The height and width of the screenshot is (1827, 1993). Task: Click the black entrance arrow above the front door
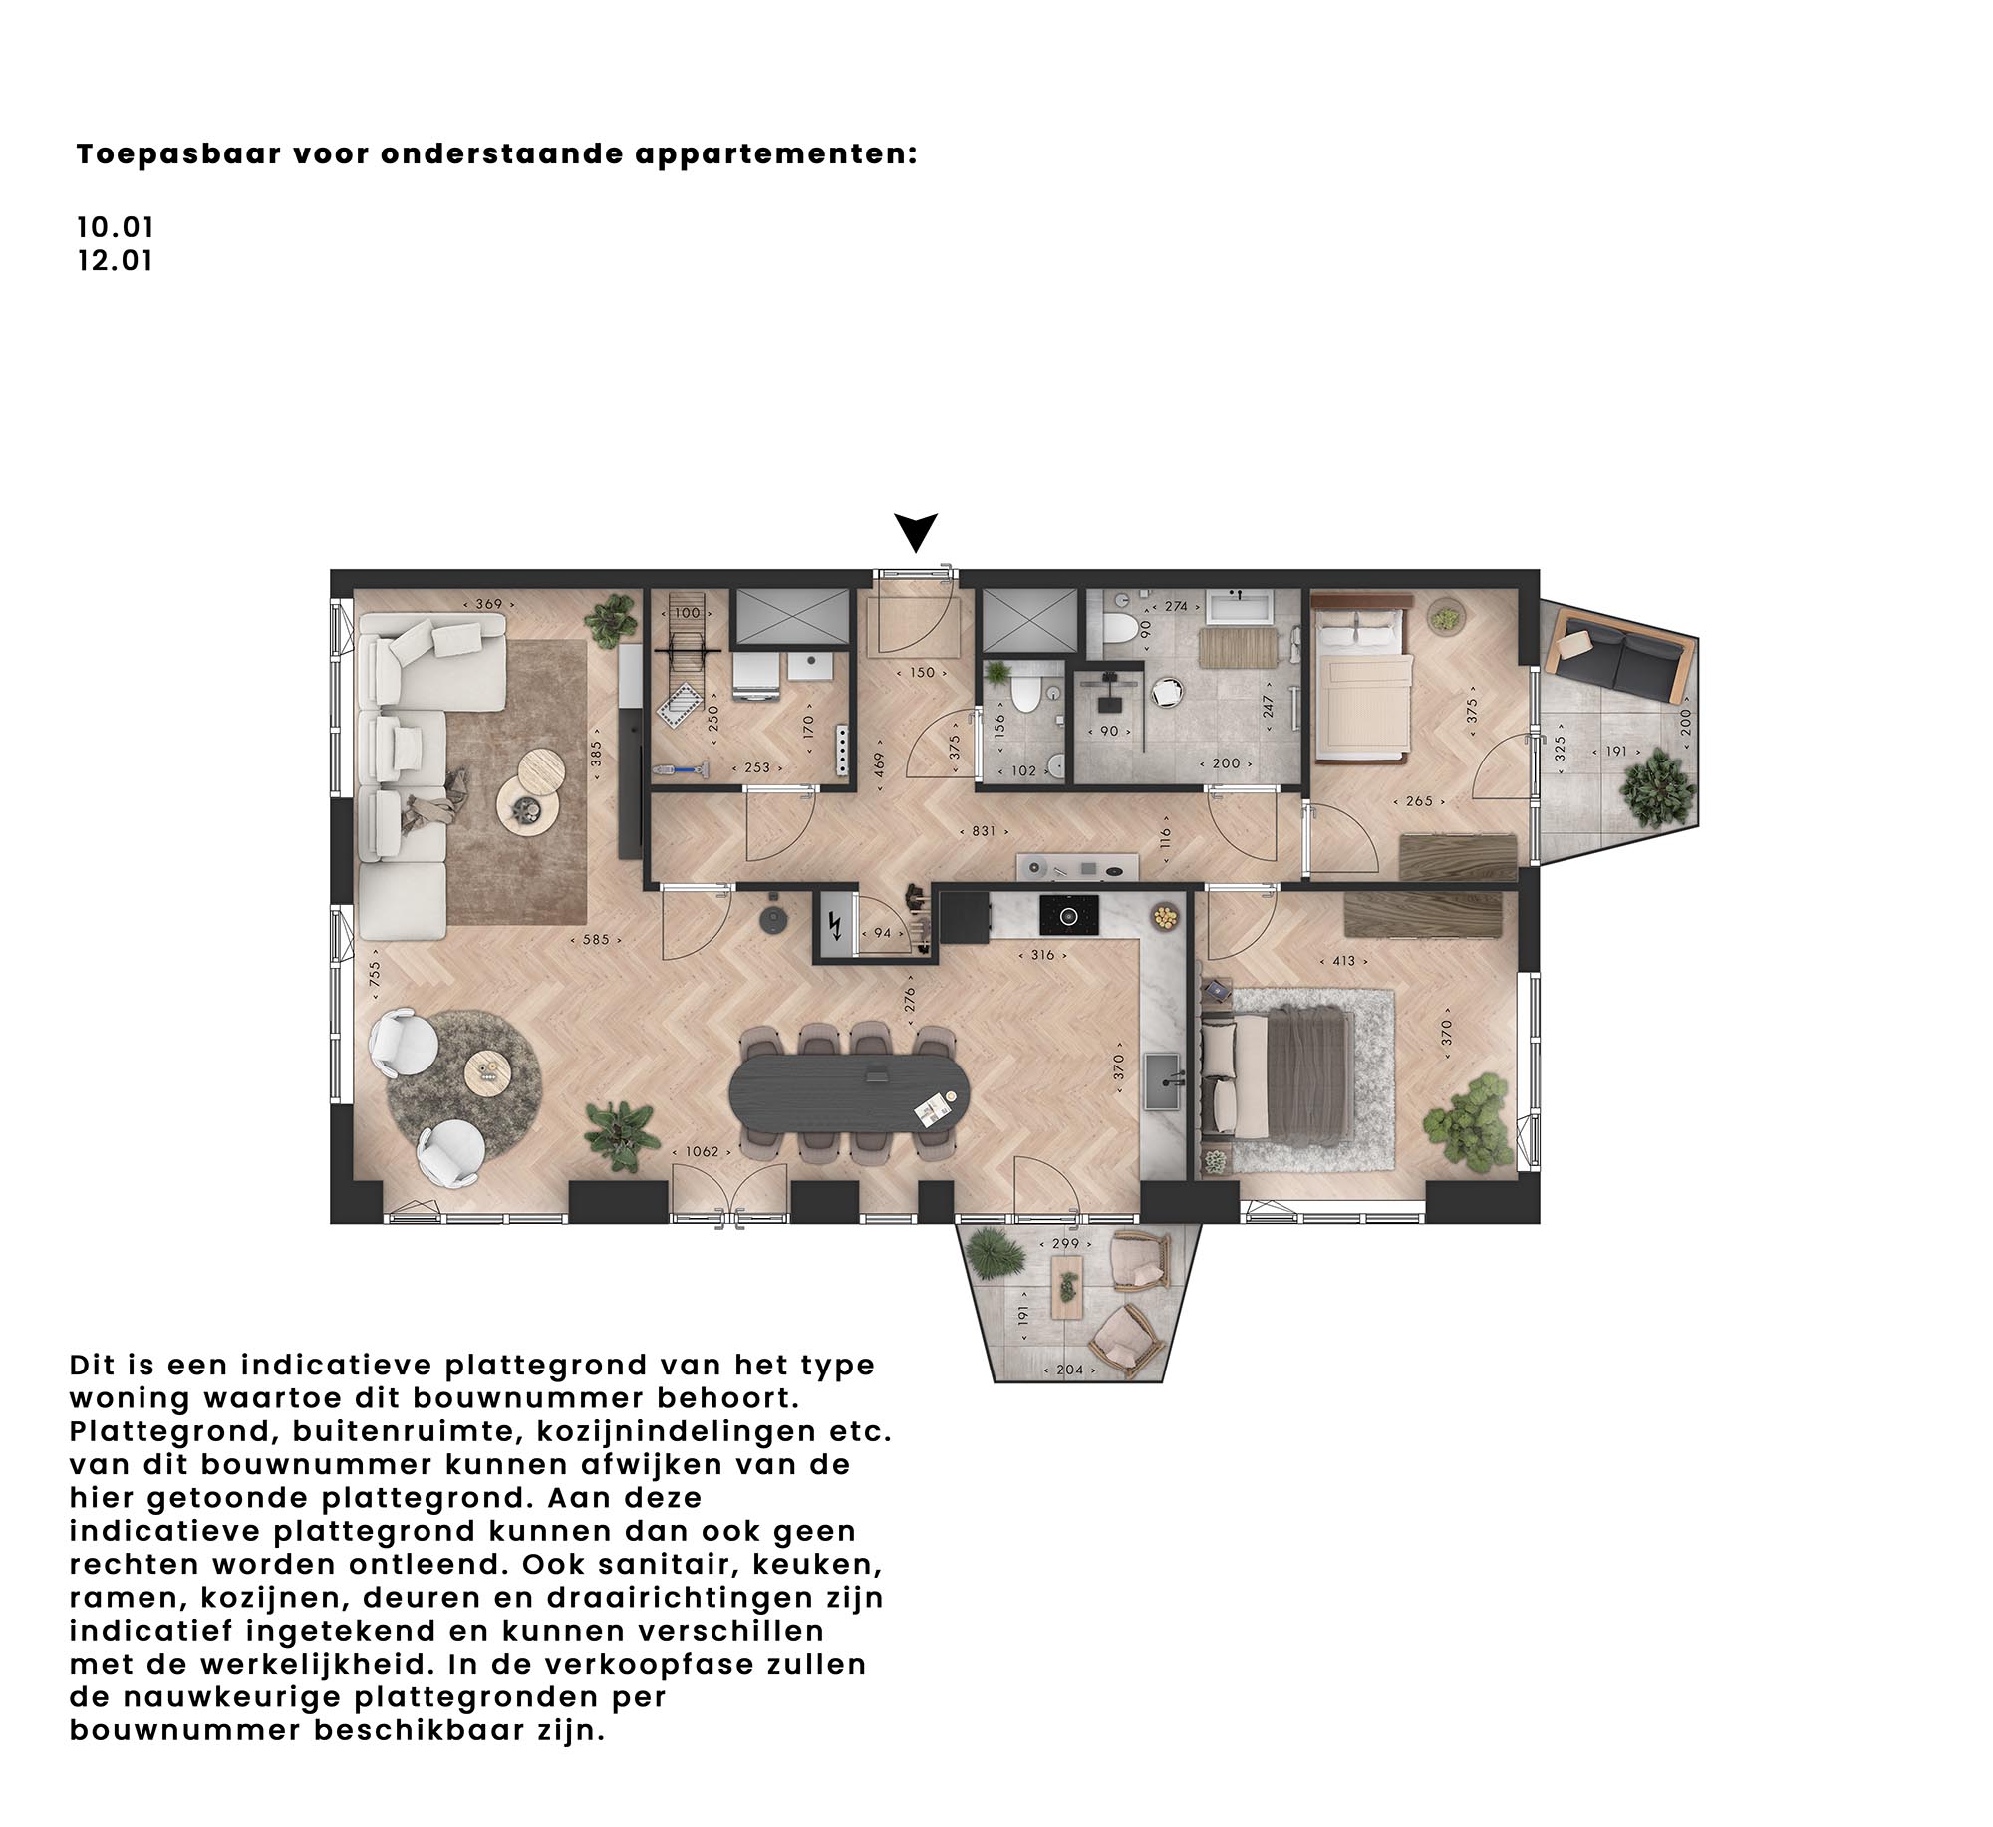coord(915,530)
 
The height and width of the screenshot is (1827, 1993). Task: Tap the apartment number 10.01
coord(116,228)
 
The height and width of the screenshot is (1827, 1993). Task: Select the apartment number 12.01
coord(116,262)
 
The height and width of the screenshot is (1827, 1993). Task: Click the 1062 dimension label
coord(702,1151)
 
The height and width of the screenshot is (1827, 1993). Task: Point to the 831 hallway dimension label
coord(984,830)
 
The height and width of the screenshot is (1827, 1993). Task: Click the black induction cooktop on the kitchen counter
coord(1069,914)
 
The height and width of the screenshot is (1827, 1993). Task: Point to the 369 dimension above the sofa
coord(488,603)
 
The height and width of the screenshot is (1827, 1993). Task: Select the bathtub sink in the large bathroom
coord(1240,605)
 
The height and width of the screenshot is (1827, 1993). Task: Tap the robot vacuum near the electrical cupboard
coord(773,918)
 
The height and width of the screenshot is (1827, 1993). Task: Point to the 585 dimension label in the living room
coord(596,939)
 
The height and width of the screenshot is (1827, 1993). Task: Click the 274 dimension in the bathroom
coord(1176,605)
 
